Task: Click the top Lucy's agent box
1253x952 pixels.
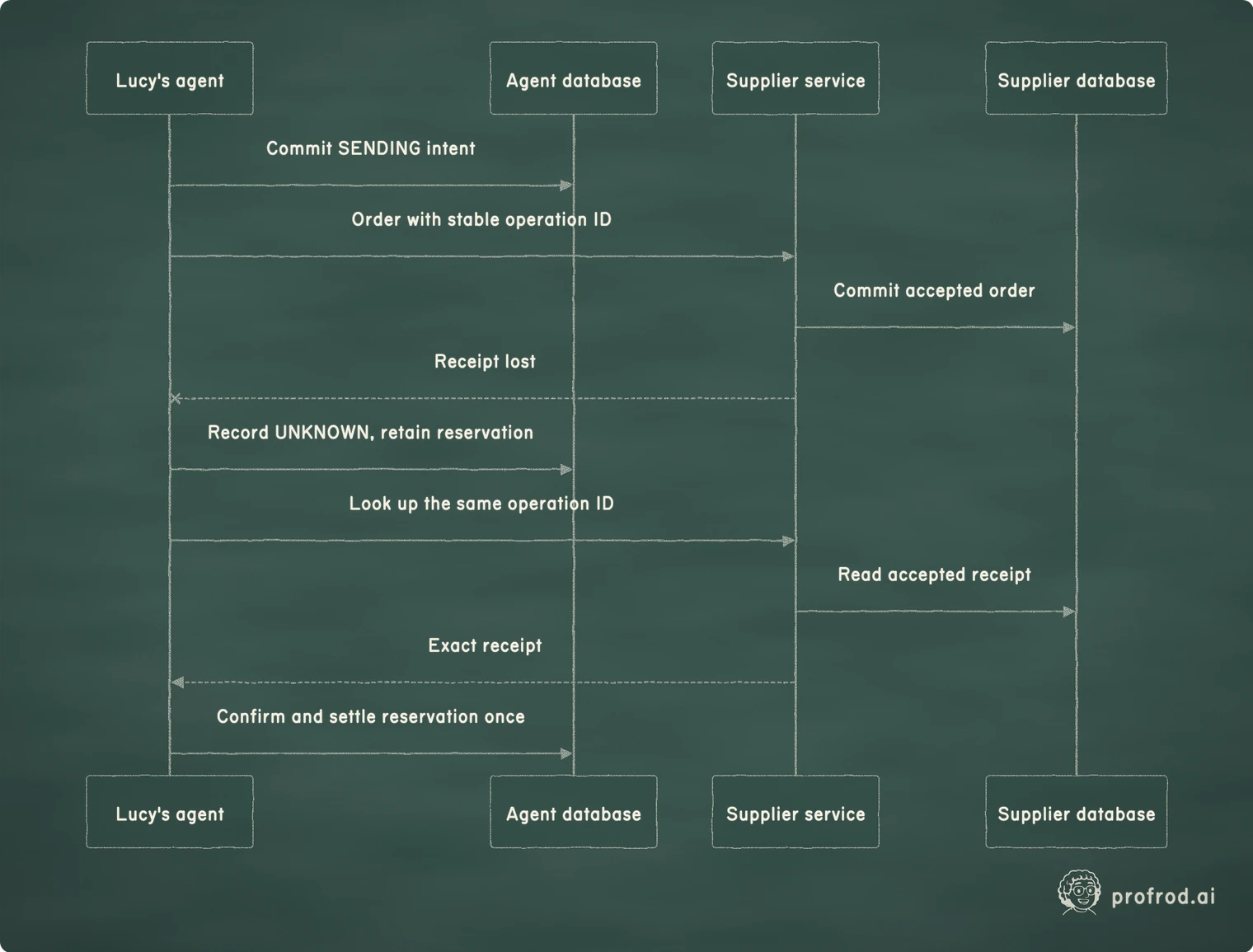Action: click(170, 78)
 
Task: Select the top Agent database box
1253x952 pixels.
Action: click(573, 78)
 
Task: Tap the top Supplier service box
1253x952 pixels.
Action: click(795, 78)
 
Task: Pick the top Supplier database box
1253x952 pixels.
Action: click(1076, 78)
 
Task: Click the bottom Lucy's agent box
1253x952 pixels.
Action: click(170, 812)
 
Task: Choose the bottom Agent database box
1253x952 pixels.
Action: click(573, 812)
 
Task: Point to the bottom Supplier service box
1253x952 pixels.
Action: click(795, 812)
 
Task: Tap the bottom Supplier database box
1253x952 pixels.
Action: click(1076, 812)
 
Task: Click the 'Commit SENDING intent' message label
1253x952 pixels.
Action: click(370, 148)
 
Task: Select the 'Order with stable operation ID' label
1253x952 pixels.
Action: click(481, 220)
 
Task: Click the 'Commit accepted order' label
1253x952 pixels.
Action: click(934, 290)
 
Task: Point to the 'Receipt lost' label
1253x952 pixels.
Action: click(485, 361)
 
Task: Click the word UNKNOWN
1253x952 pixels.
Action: click(321, 433)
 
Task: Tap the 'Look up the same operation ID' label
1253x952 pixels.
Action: click(481, 504)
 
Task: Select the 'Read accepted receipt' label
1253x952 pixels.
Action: click(934, 574)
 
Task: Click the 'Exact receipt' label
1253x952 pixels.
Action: click(485, 645)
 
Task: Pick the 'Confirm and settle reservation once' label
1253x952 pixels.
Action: click(370, 717)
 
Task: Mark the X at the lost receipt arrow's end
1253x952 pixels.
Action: click(176, 398)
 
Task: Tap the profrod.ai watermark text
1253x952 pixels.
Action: click(1163, 897)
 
